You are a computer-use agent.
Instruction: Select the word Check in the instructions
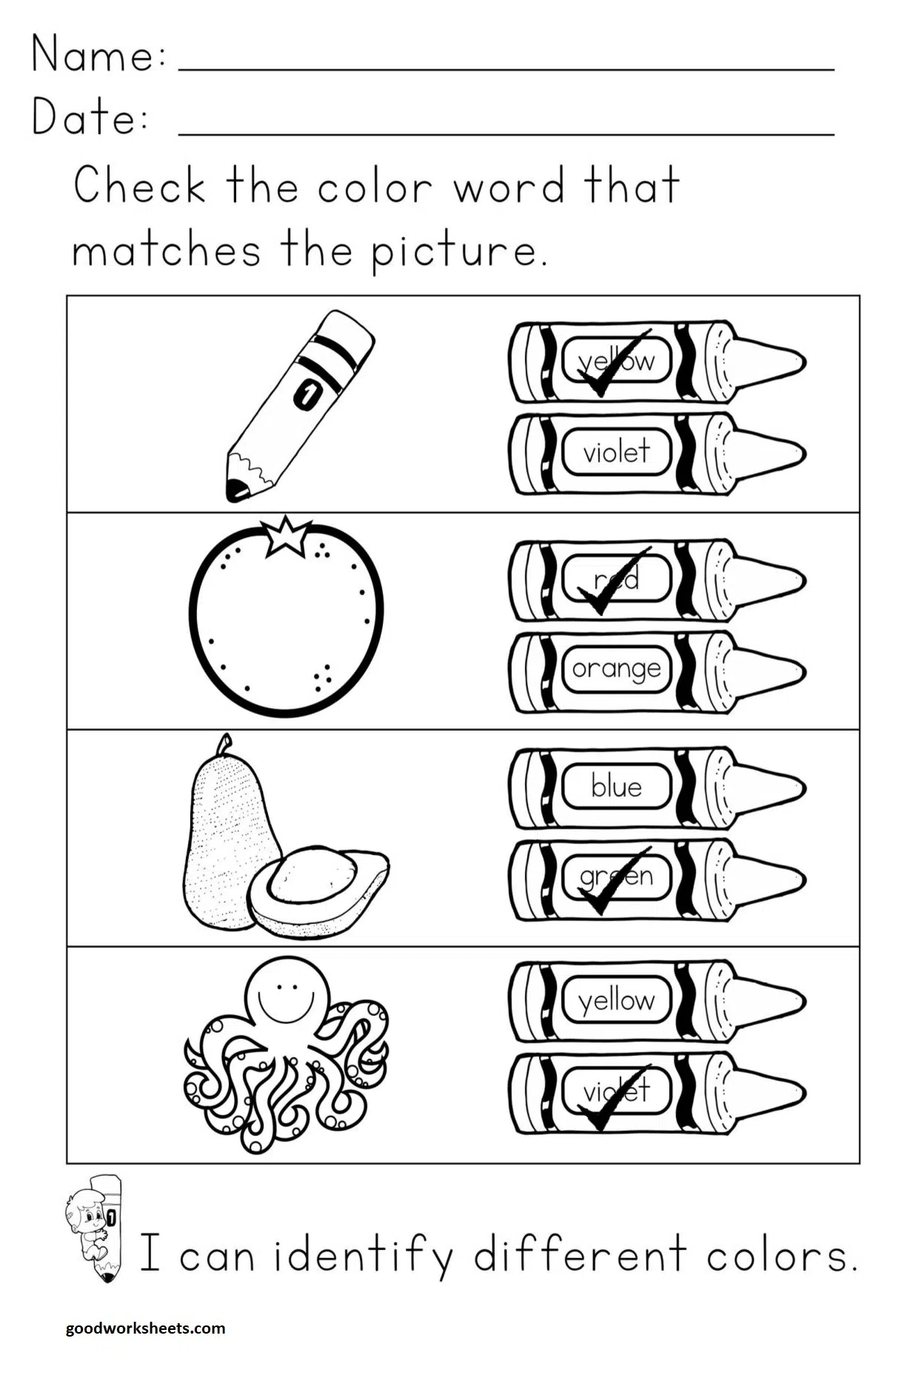(x=139, y=186)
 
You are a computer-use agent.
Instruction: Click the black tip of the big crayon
(x=236, y=489)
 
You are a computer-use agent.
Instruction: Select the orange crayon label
(x=616, y=669)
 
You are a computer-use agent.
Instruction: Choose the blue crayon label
(x=616, y=786)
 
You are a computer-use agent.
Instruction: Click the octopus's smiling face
(x=289, y=992)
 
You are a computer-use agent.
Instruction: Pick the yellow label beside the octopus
(x=616, y=1000)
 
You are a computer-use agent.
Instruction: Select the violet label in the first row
(x=616, y=451)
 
